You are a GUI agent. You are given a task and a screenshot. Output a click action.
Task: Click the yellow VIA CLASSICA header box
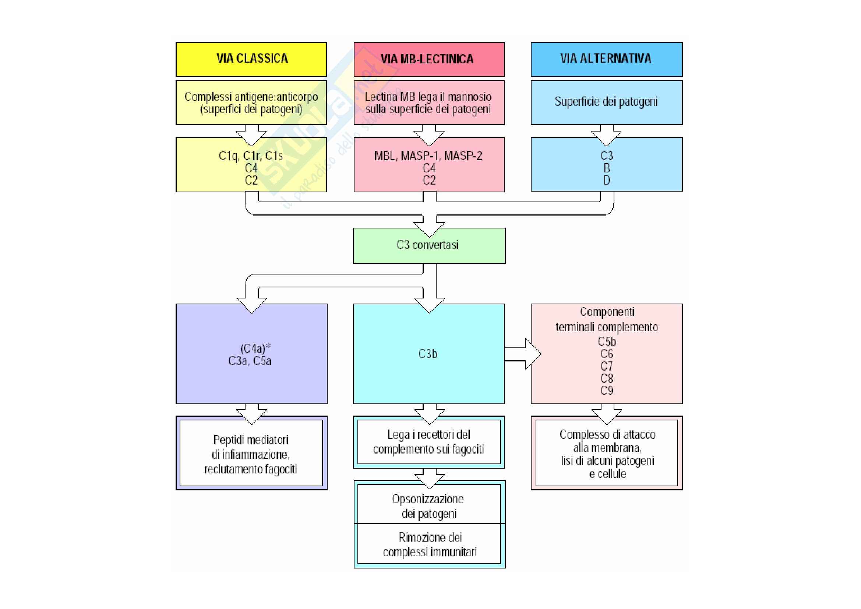pyautogui.click(x=251, y=59)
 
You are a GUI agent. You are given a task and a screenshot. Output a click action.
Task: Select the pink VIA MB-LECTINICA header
pyautogui.click(x=428, y=59)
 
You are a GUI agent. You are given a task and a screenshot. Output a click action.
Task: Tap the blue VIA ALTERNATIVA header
pyautogui.click(x=606, y=59)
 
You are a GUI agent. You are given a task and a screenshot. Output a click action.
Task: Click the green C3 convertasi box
pyautogui.click(x=428, y=245)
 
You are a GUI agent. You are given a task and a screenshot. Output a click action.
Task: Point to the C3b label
pyautogui.click(x=427, y=354)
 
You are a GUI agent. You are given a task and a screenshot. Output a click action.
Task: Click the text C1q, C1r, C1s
pyautogui.click(x=251, y=156)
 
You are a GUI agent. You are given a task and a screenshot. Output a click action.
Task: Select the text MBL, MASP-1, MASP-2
pyautogui.click(x=428, y=156)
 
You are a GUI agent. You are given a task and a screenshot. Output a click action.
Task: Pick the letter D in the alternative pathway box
pyautogui.click(x=607, y=181)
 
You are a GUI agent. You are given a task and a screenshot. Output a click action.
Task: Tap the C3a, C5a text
pyautogui.click(x=250, y=361)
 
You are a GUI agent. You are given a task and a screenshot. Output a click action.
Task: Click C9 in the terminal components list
pyautogui.click(x=607, y=391)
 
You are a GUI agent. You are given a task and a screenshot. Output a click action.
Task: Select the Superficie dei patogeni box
pyautogui.click(x=606, y=102)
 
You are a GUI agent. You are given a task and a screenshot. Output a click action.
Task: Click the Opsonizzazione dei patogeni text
pyautogui.click(x=428, y=506)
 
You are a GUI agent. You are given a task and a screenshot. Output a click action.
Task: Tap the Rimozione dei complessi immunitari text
pyautogui.click(x=430, y=545)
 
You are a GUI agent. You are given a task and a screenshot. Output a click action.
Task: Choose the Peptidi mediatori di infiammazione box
pyautogui.click(x=251, y=454)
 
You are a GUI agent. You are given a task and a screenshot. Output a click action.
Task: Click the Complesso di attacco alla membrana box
pyautogui.click(x=607, y=454)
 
